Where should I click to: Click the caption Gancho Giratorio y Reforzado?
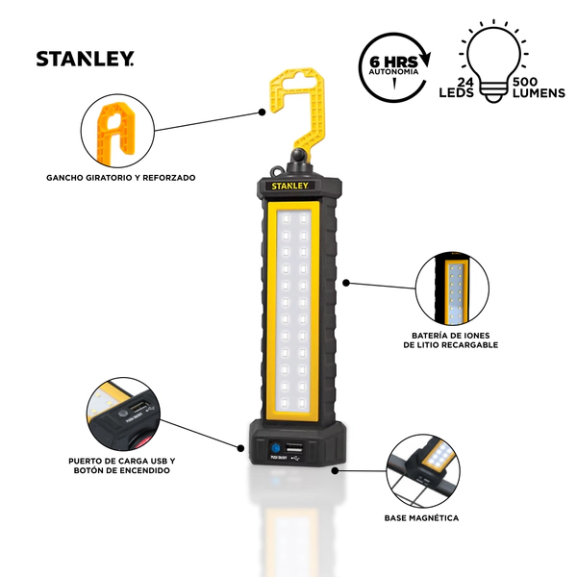tap(120, 177)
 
